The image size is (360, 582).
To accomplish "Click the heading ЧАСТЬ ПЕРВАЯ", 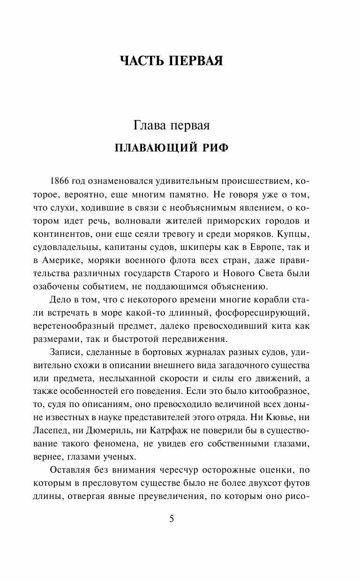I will tap(172, 61).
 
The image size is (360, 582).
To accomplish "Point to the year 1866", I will tap(59, 181).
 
